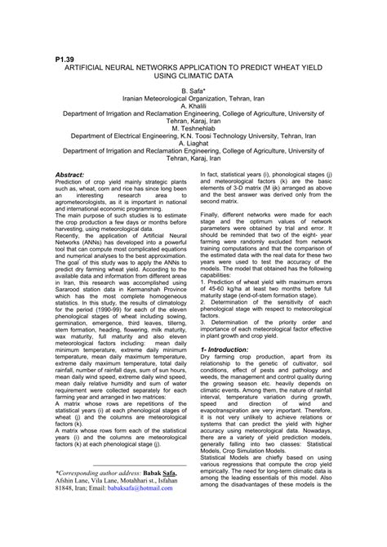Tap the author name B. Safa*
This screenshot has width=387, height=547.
point(193,95)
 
